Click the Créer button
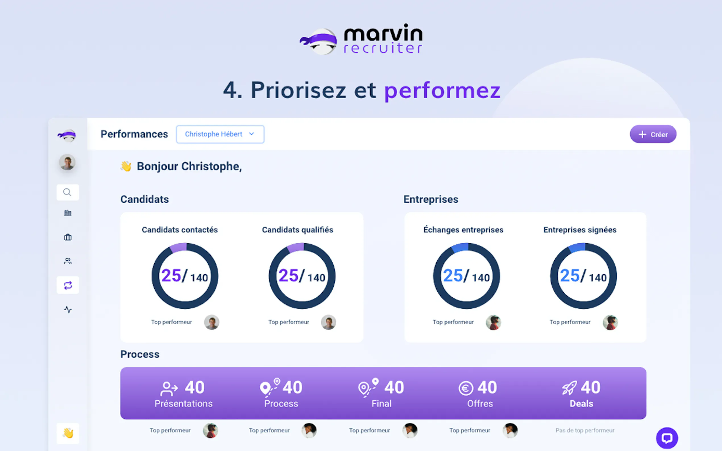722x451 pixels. (653, 134)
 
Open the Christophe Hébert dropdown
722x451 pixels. (220, 134)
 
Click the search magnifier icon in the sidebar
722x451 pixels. (67, 192)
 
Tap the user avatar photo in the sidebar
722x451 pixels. (67, 162)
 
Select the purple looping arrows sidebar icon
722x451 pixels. (68, 285)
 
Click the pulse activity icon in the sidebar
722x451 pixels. (68, 310)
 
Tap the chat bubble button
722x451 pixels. (667, 438)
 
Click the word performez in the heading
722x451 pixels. (442, 90)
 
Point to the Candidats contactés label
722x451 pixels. (180, 230)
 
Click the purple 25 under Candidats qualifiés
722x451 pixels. (288, 275)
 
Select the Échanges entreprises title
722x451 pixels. (463, 230)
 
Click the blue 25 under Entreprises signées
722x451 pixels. (569, 275)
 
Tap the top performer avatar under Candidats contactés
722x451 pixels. (211, 322)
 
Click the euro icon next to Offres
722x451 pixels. (466, 388)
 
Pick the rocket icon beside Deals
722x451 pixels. (569, 388)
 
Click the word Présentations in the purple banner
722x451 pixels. (183, 404)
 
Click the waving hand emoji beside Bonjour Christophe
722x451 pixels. (126, 166)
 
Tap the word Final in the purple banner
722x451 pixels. (381, 404)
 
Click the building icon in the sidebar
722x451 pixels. (68, 213)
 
